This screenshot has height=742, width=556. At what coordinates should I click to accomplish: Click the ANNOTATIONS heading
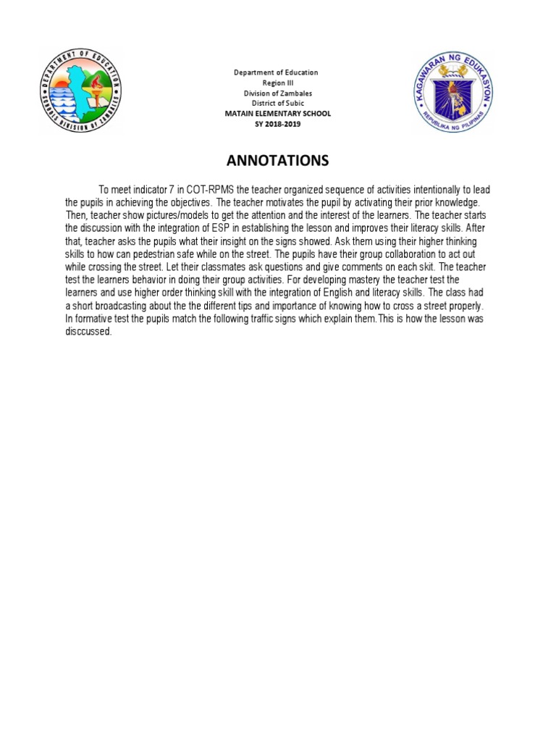pyautogui.click(x=277, y=159)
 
